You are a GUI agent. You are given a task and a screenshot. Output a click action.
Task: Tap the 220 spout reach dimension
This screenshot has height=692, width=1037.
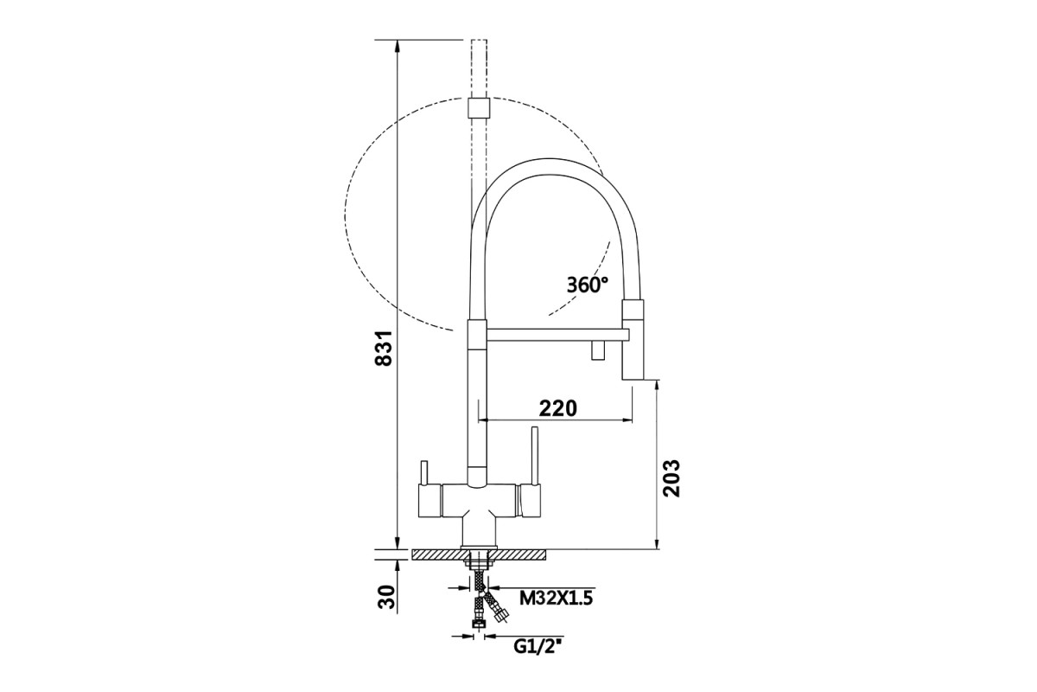[x=558, y=408]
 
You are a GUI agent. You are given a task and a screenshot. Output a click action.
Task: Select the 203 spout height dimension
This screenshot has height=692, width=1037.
[x=671, y=478]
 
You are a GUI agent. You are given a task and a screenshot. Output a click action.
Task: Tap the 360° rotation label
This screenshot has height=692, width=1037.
[x=588, y=285]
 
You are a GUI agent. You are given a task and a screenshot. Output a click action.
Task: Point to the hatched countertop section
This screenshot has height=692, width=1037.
[x=479, y=554]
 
